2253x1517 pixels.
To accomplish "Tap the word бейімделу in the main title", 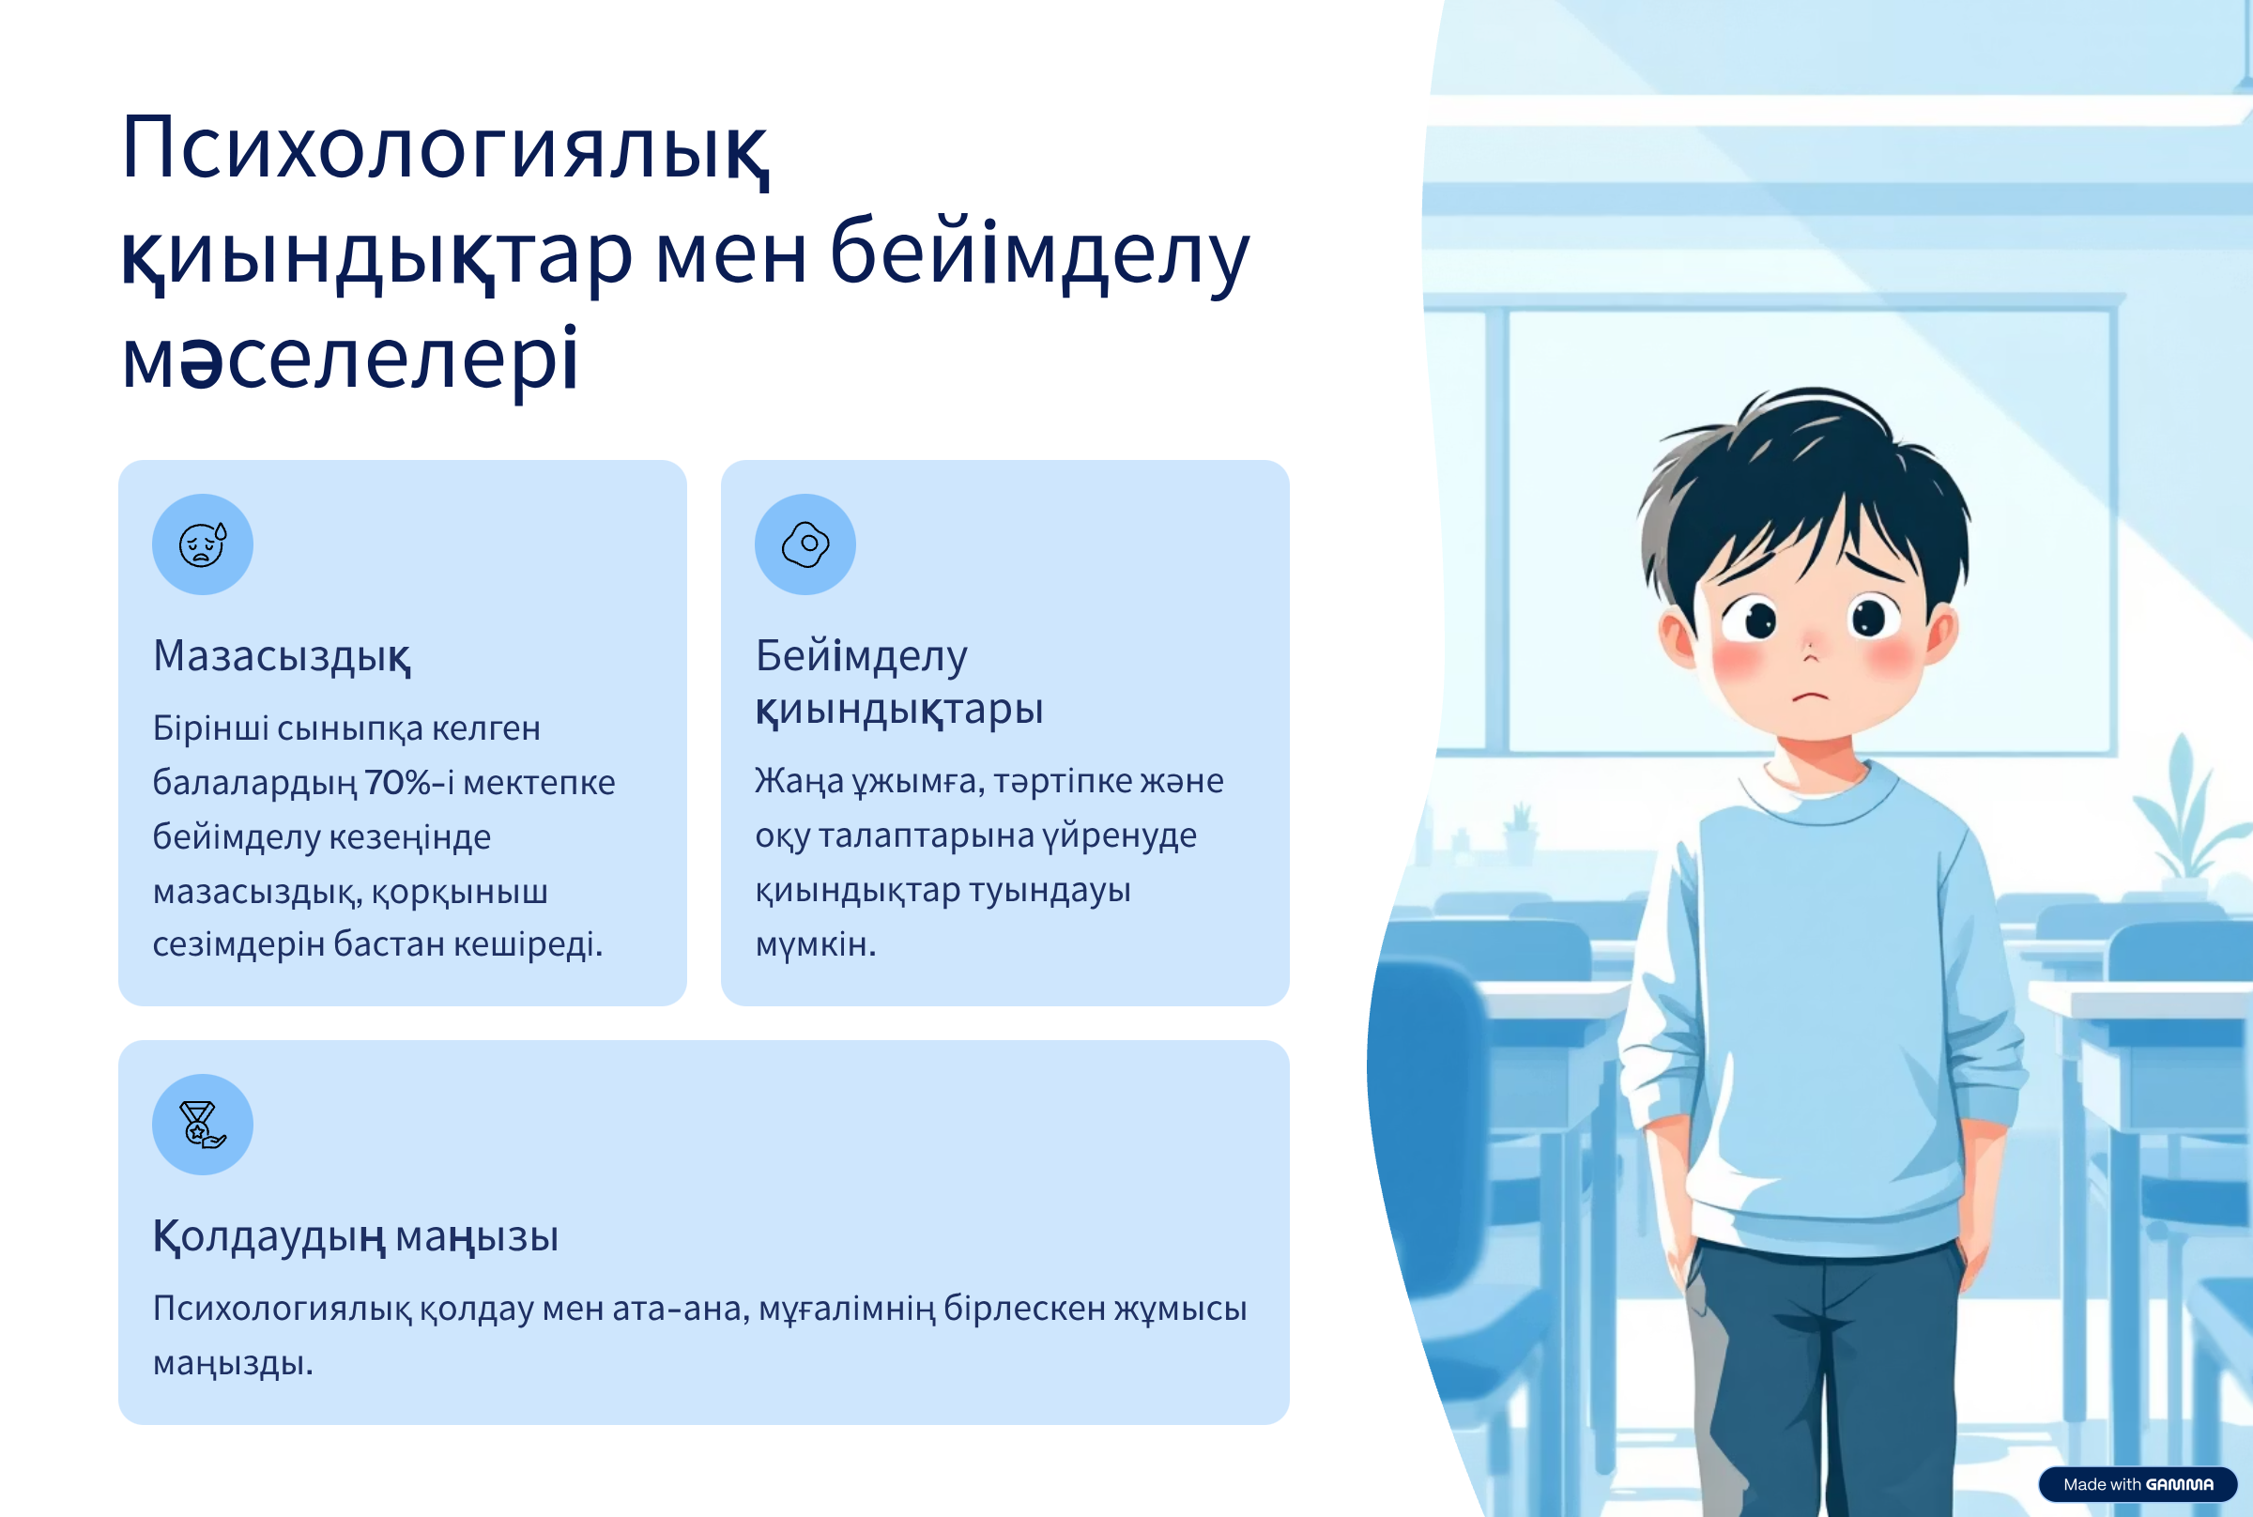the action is pyautogui.click(x=1040, y=253).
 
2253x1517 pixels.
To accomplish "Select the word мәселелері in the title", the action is pyautogui.click(x=350, y=360).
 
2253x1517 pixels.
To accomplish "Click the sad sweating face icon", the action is pyautogui.click(x=202, y=544).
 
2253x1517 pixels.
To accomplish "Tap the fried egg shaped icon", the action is pyautogui.click(x=805, y=544).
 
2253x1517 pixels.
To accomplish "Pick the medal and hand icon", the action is pyautogui.click(x=202, y=1125).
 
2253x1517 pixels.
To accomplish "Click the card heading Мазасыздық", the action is pyautogui.click(x=283, y=657).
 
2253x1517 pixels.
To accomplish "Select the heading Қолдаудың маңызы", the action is pyautogui.click(x=356, y=1237).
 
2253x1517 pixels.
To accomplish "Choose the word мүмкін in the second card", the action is pyautogui.click(x=816, y=944).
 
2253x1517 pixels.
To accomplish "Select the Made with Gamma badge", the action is pyautogui.click(x=2138, y=1484).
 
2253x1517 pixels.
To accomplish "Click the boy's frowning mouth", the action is pyautogui.click(x=1811, y=695).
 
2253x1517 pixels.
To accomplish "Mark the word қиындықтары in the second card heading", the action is pyautogui.click(x=898, y=710).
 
